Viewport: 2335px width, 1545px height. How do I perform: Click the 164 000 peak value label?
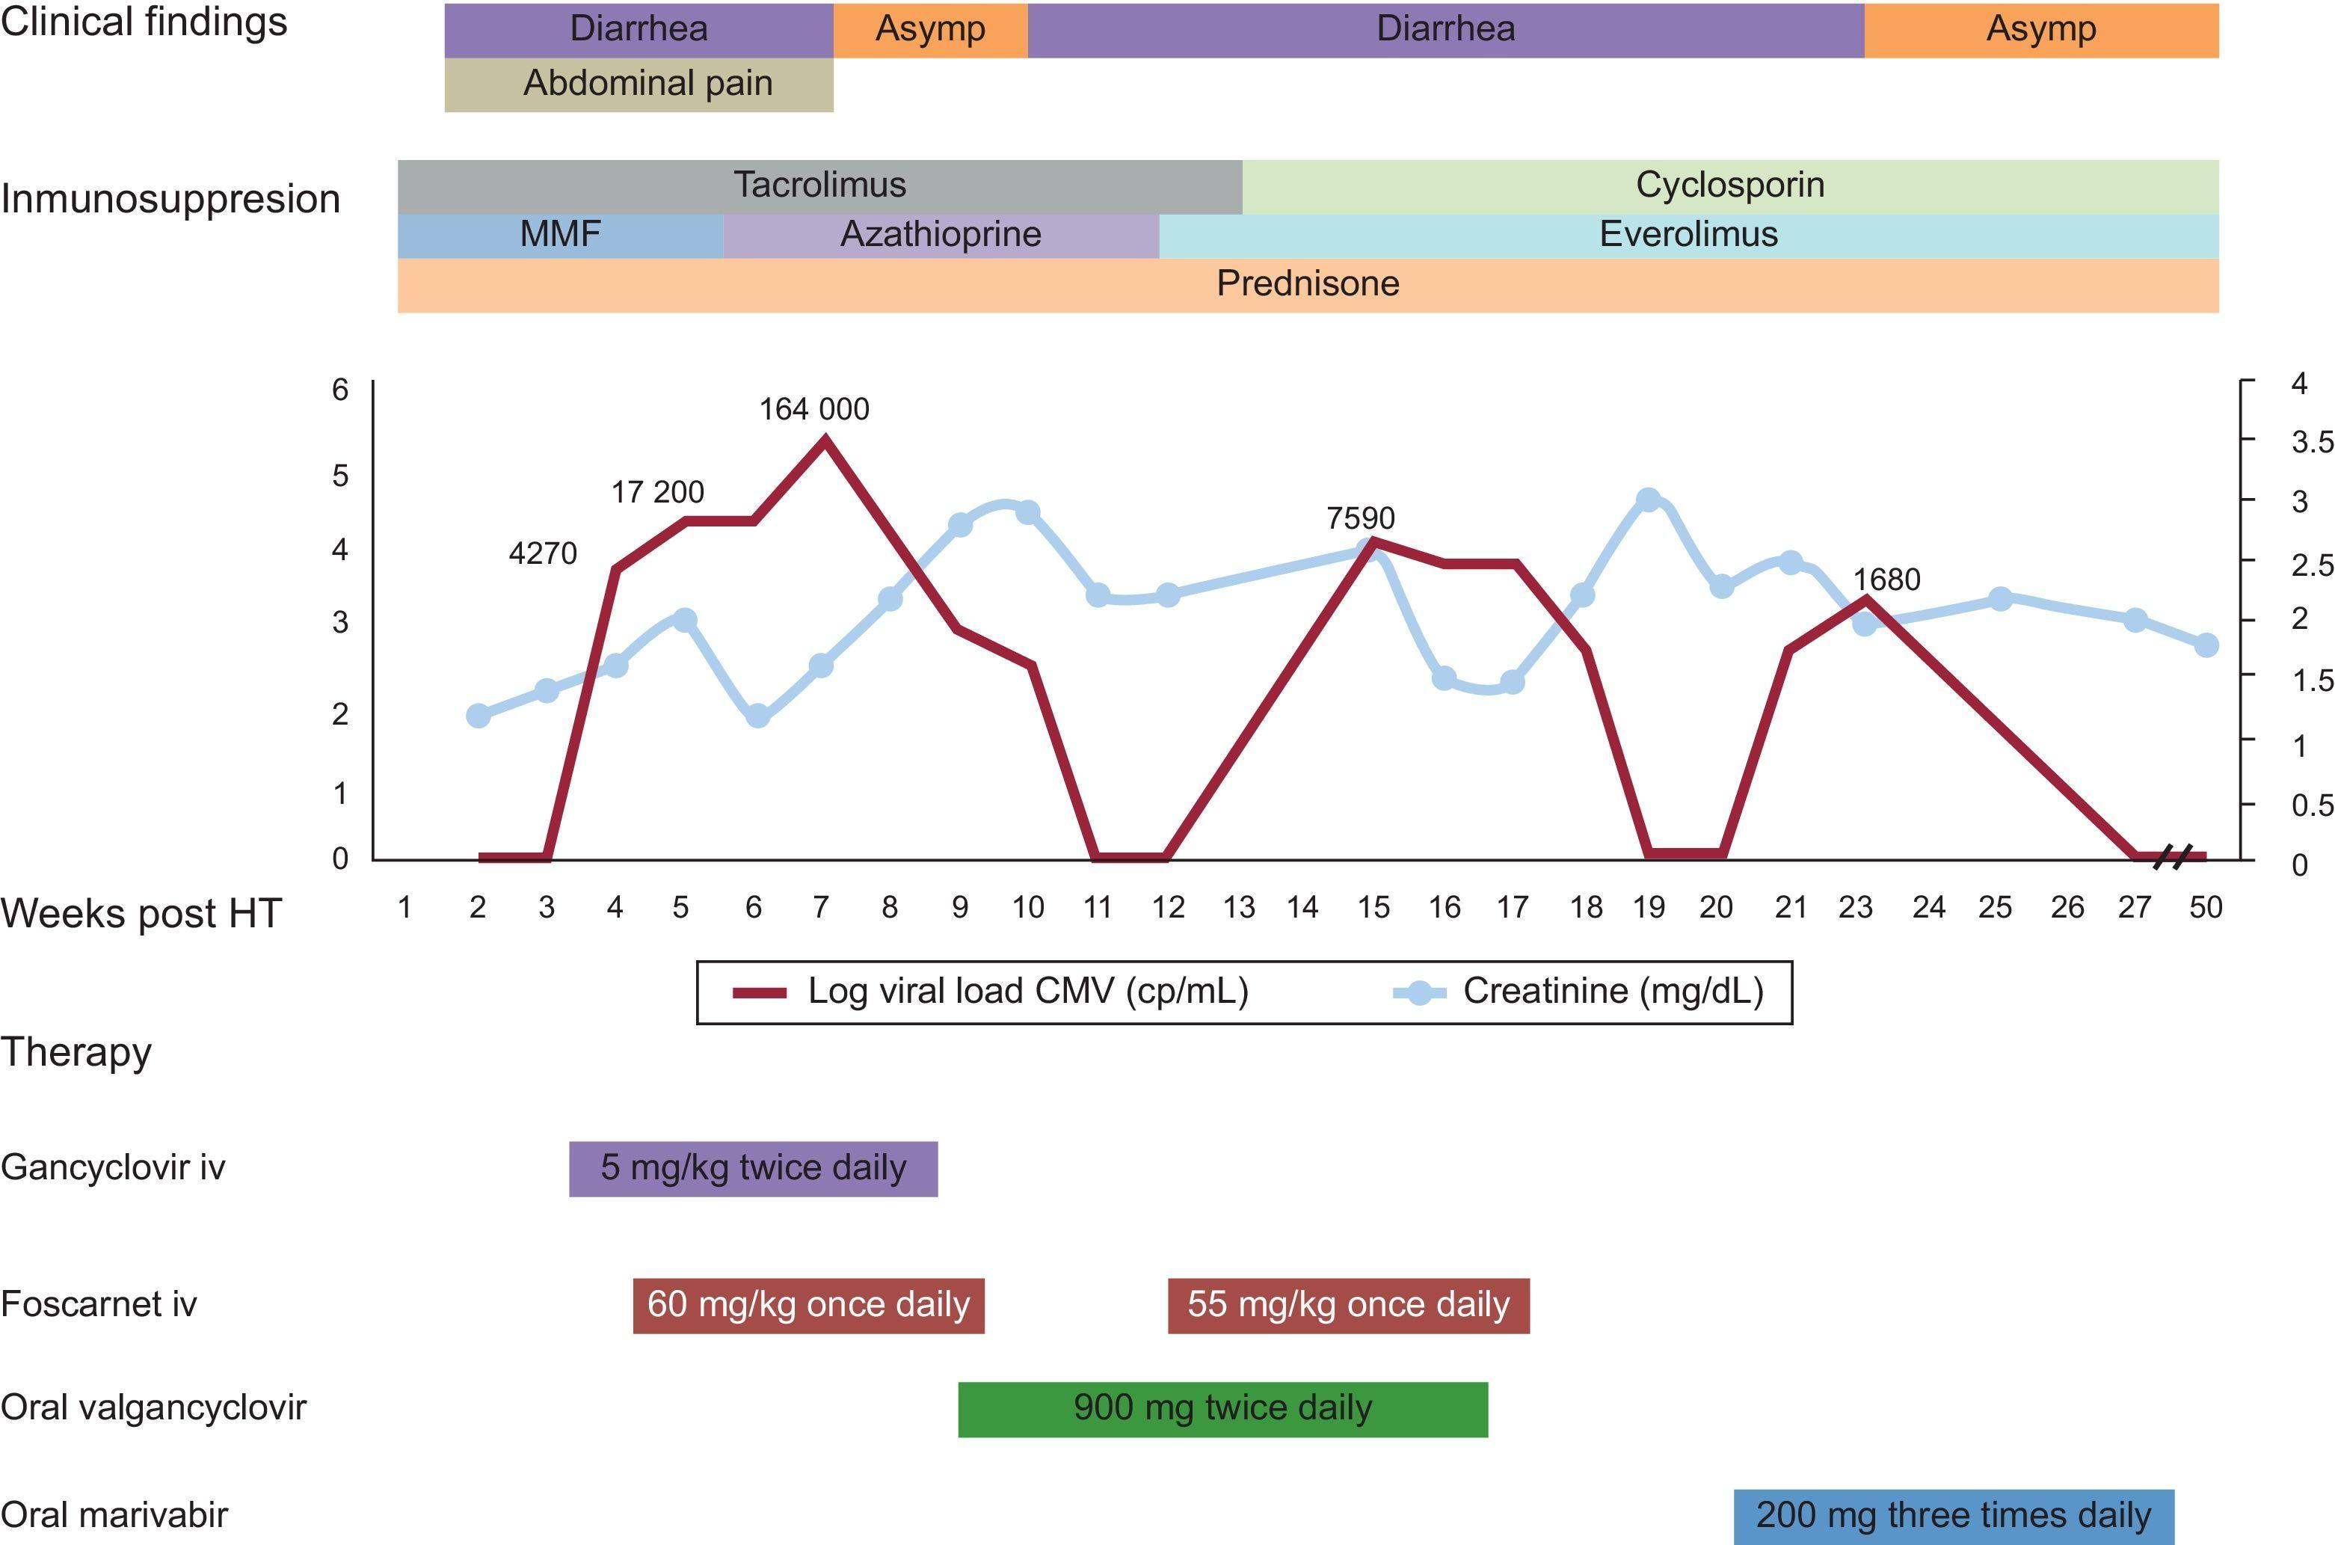point(813,409)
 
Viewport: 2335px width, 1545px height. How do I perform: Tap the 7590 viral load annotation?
point(1361,517)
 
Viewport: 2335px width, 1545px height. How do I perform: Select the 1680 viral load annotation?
point(1886,580)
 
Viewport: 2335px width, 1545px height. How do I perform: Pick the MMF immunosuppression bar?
point(559,235)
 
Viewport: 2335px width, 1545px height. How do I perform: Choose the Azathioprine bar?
point(940,235)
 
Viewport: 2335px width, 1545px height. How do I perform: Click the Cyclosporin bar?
point(1729,185)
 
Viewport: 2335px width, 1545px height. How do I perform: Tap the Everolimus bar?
point(1688,235)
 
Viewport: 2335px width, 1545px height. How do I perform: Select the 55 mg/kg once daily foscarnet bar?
point(1348,1305)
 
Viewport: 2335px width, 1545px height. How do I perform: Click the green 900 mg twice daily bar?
point(1222,1408)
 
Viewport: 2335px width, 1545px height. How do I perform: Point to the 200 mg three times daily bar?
point(1953,1514)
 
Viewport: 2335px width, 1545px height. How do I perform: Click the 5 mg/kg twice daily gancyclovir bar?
point(753,1167)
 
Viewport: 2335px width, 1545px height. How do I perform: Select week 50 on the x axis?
point(2205,908)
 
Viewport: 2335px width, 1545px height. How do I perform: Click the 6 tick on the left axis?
point(340,390)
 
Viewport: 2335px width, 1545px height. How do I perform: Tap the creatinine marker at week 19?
point(1649,500)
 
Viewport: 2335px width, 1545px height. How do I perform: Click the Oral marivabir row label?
point(114,1514)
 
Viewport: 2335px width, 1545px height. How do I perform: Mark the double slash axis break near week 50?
point(2171,857)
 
